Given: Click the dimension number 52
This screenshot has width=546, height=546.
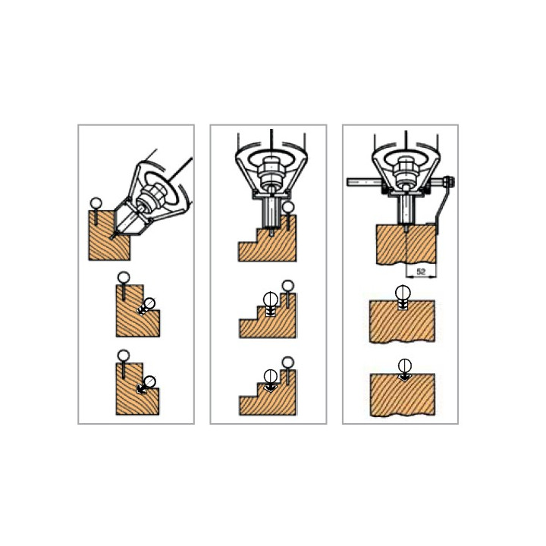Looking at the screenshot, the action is pyautogui.click(x=421, y=271).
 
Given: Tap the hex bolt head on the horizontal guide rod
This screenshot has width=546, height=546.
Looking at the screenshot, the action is pyautogui.click(x=449, y=182).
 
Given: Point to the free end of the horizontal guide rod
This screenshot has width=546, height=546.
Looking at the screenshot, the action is pyautogui.click(x=348, y=181).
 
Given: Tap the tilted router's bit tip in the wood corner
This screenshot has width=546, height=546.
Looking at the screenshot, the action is pyautogui.click(x=112, y=237).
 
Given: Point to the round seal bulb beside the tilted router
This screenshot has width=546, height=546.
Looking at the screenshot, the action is pyautogui.click(x=96, y=202).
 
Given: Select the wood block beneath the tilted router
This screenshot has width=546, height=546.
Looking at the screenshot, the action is pyautogui.click(x=109, y=235).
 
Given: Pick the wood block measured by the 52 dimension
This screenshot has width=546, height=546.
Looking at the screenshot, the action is pyautogui.click(x=406, y=245).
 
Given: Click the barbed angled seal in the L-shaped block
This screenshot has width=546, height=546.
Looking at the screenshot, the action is pyautogui.click(x=146, y=307).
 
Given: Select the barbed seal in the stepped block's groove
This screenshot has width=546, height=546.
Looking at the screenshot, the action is pyautogui.click(x=271, y=303).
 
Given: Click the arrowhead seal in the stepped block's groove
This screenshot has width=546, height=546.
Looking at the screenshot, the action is pyautogui.click(x=271, y=381).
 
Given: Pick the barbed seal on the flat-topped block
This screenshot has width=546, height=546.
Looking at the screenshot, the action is pyautogui.click(x=403, y=297).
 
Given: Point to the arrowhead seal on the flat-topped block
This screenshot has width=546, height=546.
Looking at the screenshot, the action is pyautogui.click(x=404, y=371).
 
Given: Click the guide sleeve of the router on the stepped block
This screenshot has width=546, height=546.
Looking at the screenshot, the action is pyautogui.click(x=271, y=212).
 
